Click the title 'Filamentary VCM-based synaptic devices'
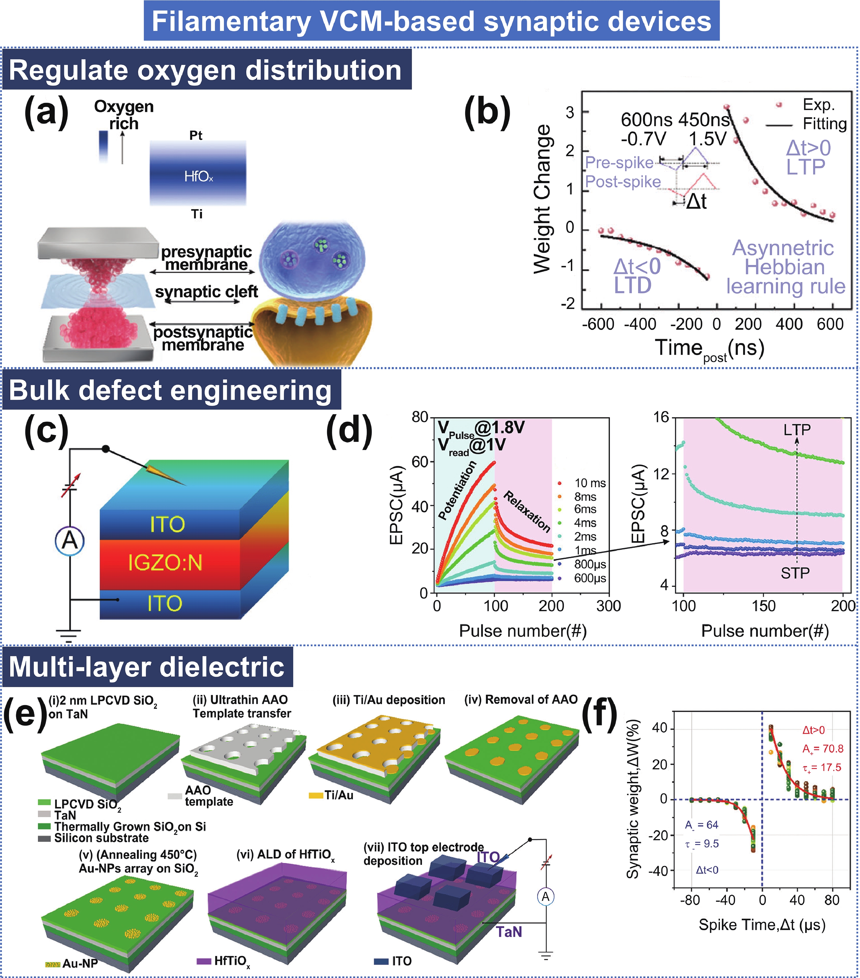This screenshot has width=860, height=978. (x=431, y=22)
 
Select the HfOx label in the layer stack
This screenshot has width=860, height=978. (x=198, y=177)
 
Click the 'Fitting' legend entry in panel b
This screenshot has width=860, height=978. (x=825, y=124)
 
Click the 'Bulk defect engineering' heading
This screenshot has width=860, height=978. (x=170, y=390)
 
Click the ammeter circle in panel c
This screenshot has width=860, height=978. (x=70, y=541)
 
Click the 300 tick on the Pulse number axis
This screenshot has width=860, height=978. (x=608, y=606)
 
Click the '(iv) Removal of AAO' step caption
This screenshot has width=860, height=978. (x=521, y=699)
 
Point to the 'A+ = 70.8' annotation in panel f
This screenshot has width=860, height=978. (x=823, y=749)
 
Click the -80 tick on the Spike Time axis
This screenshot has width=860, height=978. (x=690, y=900)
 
